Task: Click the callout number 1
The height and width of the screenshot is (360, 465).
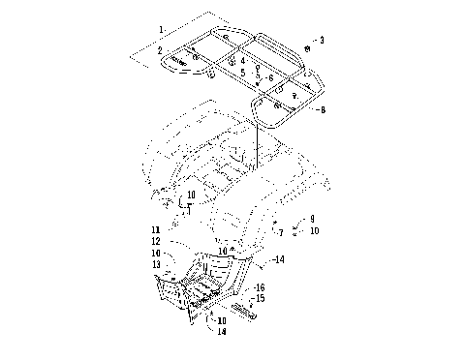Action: [162, 18]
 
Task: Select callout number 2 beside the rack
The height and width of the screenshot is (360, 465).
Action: [162, 47]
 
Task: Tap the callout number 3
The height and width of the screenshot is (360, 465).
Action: [323, 41]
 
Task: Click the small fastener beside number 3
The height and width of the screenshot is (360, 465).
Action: [307, 47]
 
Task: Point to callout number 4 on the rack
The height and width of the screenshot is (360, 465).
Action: [243, 59]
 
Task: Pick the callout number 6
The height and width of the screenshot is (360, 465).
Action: [271, 76]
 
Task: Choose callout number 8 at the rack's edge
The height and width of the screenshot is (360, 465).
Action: [323, 110]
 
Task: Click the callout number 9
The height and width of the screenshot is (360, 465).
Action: [312, 221]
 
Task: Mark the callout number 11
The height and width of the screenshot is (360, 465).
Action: [170, 229]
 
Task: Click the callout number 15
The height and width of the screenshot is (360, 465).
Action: [260, 298]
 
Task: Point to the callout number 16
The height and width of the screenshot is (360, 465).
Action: [260, 287]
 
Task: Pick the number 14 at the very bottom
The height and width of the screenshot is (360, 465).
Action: [223, 331]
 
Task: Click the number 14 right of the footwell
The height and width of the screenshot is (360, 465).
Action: [280, 260]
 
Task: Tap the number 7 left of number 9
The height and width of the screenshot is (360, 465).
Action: [281, 231]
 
